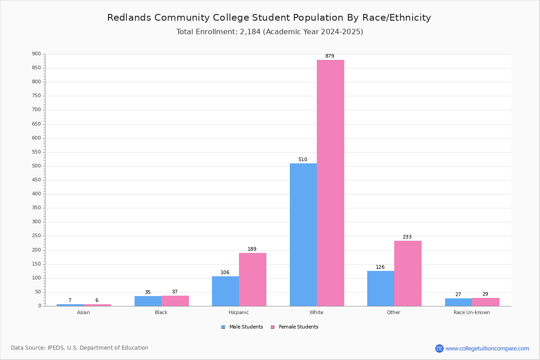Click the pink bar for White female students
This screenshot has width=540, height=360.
(x=330, y=183)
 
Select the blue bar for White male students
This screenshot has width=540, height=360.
(x=303, y=234)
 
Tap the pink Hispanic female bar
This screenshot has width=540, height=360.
(x=252, y=279)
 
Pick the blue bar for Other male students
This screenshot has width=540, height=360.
(x=381, y=288)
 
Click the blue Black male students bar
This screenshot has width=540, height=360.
(x=148, y=301)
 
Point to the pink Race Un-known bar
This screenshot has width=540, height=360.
(x=486, y=302)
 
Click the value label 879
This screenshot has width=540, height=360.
(x=330, y=56)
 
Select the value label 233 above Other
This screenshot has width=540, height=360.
(x=407, y=237)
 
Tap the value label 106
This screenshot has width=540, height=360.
(x=225, y=273)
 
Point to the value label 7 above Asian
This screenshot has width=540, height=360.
(x=70, y=301)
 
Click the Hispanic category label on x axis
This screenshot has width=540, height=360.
(x=238, y=313)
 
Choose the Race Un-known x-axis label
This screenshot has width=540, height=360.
(x=472, y=313)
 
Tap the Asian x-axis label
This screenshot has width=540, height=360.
(x=83, y=313)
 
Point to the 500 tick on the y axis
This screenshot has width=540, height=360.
(x=36, y=166)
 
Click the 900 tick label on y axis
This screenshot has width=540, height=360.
(x=36, y=54)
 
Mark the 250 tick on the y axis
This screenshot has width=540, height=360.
(x=36, y=236)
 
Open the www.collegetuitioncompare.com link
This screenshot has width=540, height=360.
(x=487, y=348)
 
